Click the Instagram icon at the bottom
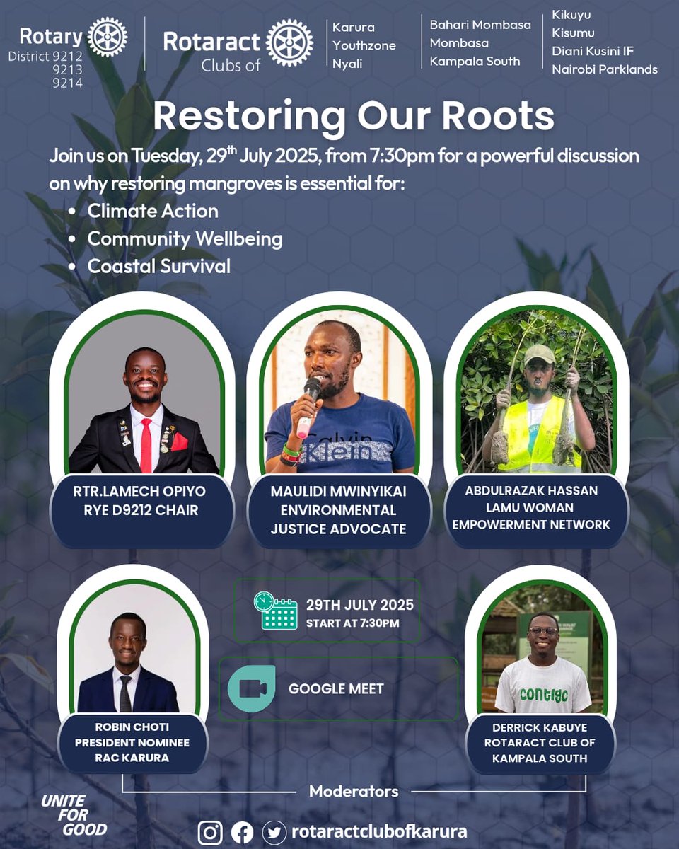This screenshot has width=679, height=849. pyautogui.click(x=210, y=832)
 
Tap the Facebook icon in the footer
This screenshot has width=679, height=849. pyautogui.click(x=242, y=832)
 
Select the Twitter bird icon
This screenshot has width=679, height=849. pyautogui.click(x=274, y=832)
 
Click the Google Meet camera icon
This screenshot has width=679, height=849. pyautogui.click(x=252, y=688)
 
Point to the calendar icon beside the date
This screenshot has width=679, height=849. pyautogui.click(x=276, y=611)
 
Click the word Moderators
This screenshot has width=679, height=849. pyautogui.click(x=354, y=790)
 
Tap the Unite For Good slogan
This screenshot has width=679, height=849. pyautogui.click(x=74, y=814)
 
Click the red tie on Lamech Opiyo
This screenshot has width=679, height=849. pyautogui.click(x=146, y=445)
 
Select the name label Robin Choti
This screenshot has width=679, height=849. pyautogui.click(x=132, y=727)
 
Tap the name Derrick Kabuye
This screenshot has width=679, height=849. pyautogui.click(x=540, y=727)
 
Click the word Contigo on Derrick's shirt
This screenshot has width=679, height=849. pyautogui.click(x=543, y=695)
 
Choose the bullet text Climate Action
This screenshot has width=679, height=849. pyautogui.click(x=153, y=211)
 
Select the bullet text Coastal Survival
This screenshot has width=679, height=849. pyautogui.click(x=158, y=266)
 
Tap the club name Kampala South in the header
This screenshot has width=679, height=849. pyautogui.click(x=475, y=62)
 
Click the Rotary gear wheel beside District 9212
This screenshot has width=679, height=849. pyautogui.click(x=108, y=37)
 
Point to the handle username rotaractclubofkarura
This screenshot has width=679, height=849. pyautogui.click(x=379, y=832)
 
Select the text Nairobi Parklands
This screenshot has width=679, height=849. pyautogui.click(x=605, y=69)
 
